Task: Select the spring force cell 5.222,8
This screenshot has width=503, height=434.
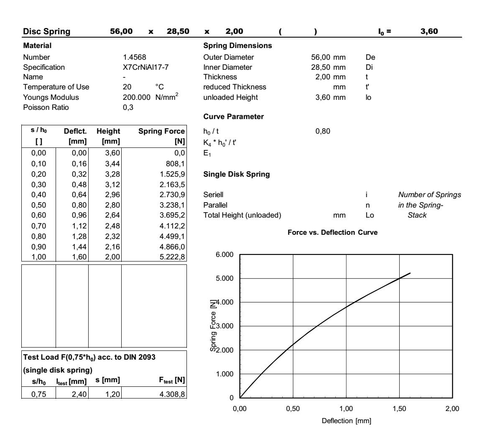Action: tap(172, 257)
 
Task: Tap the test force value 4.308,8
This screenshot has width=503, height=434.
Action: tap(172, 393)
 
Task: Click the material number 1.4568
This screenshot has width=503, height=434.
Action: tap(134, 57)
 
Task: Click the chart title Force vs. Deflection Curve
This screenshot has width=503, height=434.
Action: tap(332, 233)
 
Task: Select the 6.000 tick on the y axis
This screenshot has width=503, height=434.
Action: tap(225, 255)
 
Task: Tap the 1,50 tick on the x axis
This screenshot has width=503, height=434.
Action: tap(399, 409)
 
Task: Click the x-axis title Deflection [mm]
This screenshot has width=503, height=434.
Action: tap(346, 421)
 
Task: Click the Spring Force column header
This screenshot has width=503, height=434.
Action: tap(161, 131)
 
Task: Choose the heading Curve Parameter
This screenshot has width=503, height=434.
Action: tap(233, 117)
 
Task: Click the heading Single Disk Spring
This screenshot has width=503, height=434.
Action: tap(236, 174)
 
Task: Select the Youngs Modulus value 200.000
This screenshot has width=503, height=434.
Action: tap(133, 97)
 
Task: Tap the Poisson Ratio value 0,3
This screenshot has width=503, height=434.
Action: tap(128, 107)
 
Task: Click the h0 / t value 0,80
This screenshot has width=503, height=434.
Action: tap(322, 131)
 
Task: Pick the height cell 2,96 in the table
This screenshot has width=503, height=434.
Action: tap(112, 195)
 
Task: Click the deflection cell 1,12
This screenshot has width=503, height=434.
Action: tap(79, 226)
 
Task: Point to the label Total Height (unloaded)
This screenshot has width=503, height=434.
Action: tap(242, 215)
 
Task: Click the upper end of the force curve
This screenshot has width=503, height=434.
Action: tap(410, 273)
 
